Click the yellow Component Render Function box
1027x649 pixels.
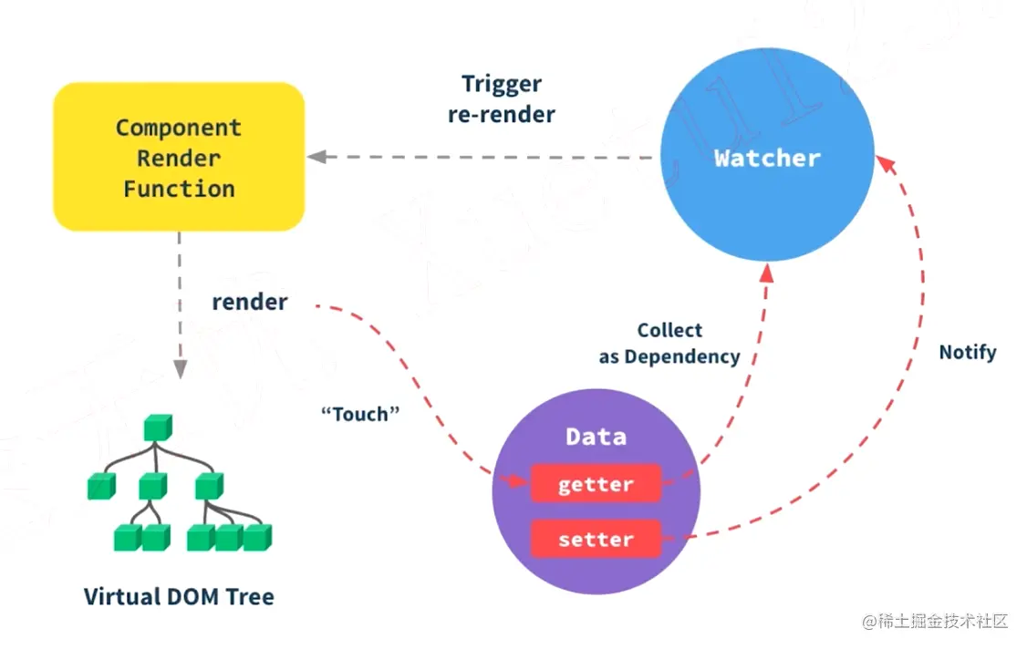(179, 157)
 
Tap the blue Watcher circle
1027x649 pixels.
(767, 155)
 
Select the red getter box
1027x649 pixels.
(596, 483)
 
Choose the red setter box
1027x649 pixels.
(596, 539)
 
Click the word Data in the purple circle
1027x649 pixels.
(596, 437)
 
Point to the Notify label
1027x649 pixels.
(968, 353)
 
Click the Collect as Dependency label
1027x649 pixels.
(669, 343)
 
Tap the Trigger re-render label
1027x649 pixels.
(502, 98)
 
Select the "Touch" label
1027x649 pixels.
(360, 414)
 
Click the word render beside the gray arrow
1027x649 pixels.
(250, 302)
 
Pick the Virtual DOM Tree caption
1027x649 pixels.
(179, 597)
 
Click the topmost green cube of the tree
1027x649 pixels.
(158, 428)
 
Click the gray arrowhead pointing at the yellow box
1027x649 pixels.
(317, 157)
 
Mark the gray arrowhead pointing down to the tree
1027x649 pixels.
(180, 368)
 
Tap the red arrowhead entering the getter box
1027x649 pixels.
(517, 481)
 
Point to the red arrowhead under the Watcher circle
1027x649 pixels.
(767, 273)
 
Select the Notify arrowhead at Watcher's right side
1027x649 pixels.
(885, 164)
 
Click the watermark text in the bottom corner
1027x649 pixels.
(935, 621)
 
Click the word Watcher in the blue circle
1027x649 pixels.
(767, 158)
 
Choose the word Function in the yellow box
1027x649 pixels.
(179, 189)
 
